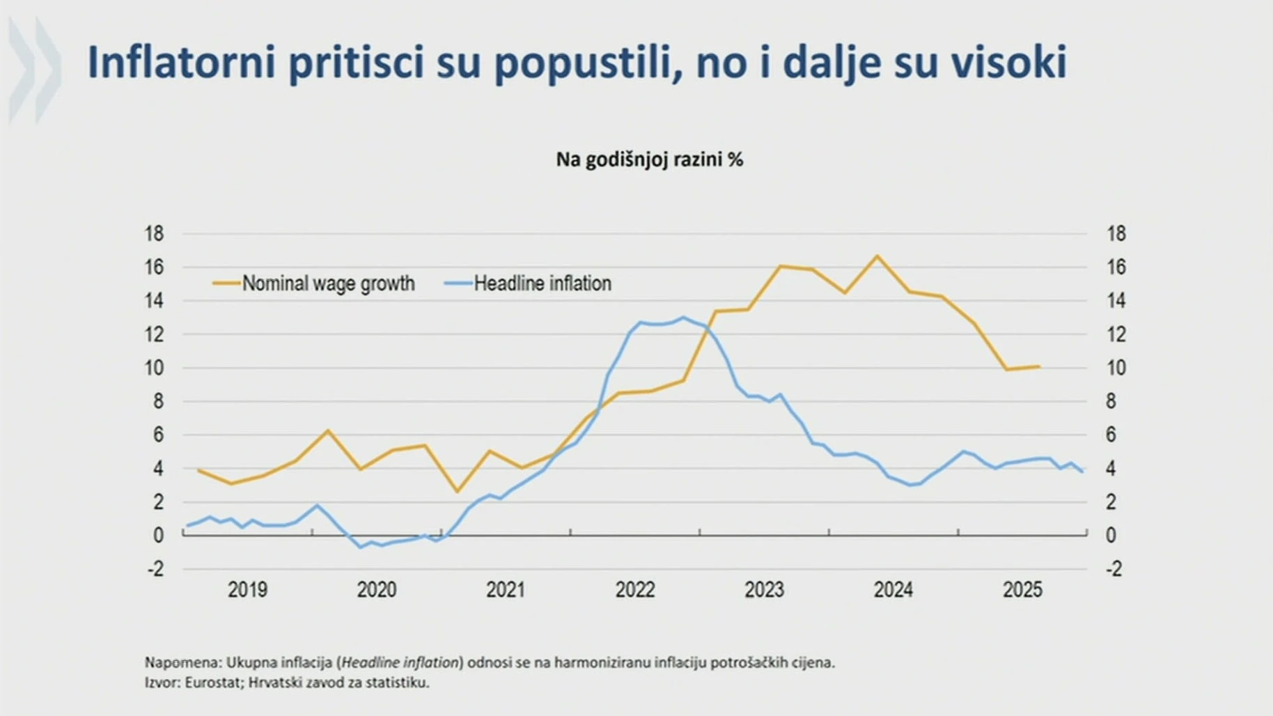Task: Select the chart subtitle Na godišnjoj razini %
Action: click(x=649, y=159)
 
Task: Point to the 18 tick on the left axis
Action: click(x=154, y=233)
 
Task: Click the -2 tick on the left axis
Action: click(x=155, y=568)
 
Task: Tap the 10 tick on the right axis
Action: click(x=1116, y=368)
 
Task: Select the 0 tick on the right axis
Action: click(x=1111, y=535)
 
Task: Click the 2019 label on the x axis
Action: click(x=247, y=589)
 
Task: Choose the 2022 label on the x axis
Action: click(x=634, y=589)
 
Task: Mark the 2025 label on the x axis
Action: click(x=1022, y=589)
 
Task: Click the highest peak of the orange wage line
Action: click(x=877, y=256)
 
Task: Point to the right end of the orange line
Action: click(x=1039, y=366)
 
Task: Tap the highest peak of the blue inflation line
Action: click(x=683, y=318)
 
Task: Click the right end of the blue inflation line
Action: click(x=1081, y=472)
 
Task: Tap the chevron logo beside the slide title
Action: click(x=35, y=70)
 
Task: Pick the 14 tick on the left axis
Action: click(x=154, y=300)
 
